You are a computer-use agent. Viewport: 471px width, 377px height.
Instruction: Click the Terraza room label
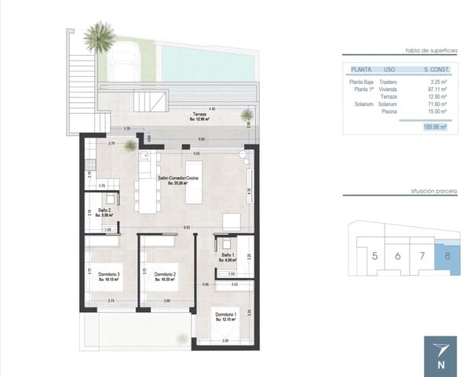coord(203,116)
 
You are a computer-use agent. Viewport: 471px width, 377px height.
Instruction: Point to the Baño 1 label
coord(228,257)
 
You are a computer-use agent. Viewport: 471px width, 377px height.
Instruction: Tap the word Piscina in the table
coord(387,111)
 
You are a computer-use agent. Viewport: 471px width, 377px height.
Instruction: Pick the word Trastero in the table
coord(387,82)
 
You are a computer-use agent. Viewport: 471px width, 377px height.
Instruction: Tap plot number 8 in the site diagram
coord(447,254)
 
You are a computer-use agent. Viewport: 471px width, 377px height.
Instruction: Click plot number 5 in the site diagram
coord(374,255)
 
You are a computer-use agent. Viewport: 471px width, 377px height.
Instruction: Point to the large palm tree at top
coord(100,35)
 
